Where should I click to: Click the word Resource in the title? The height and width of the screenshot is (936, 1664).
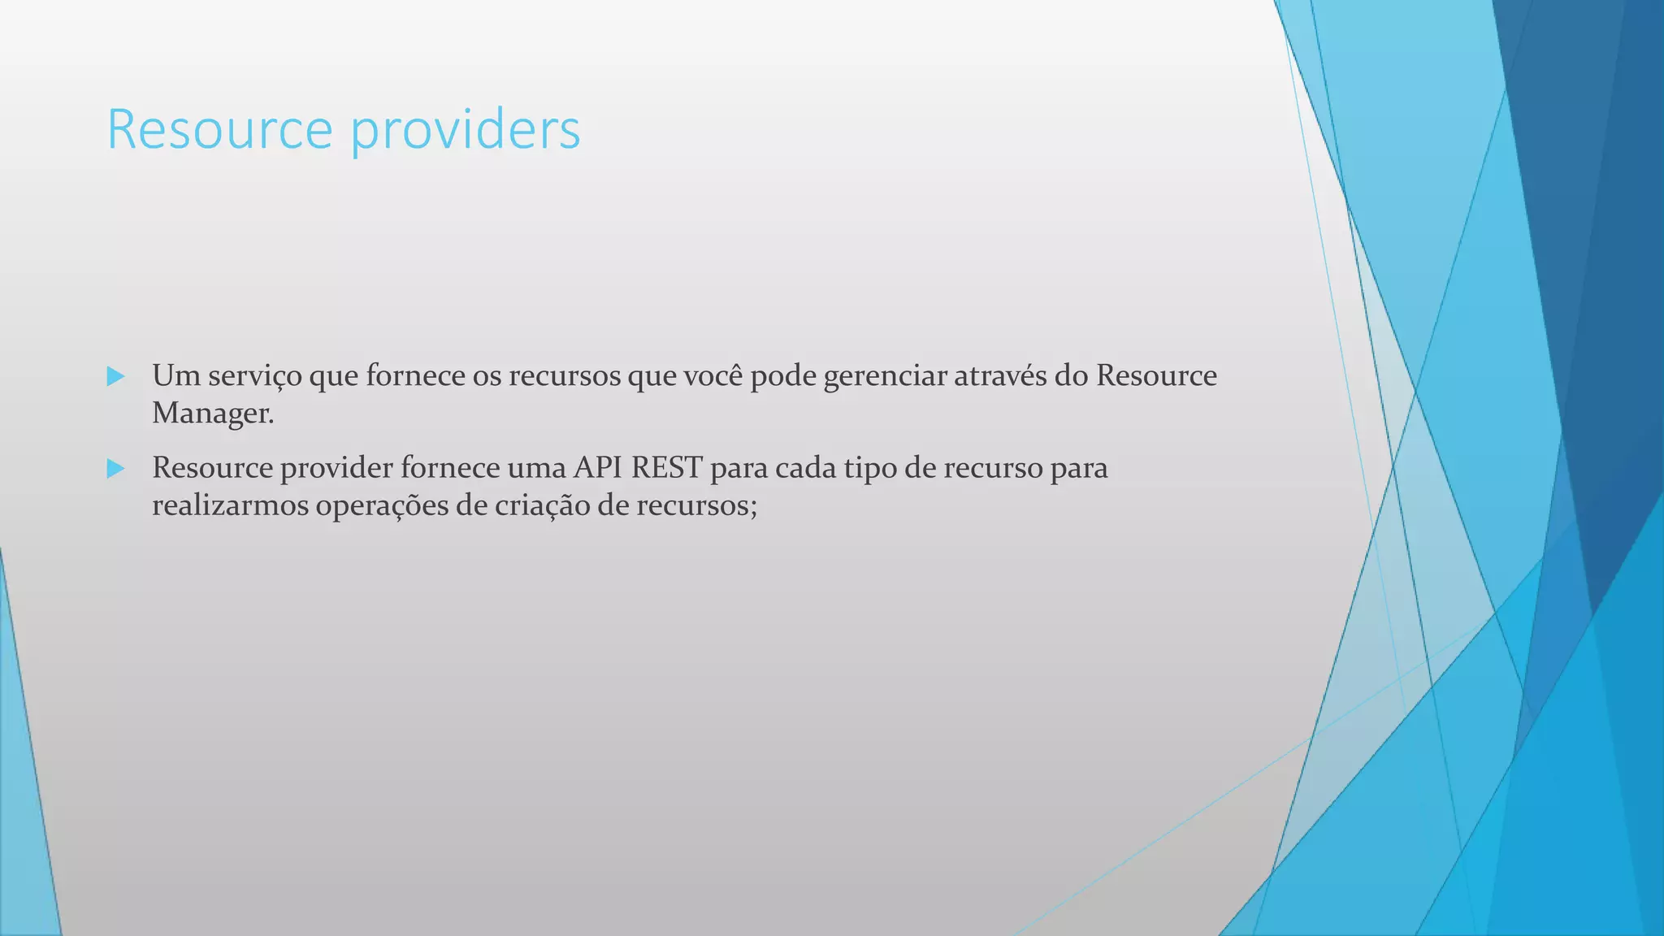(x=219, y=129)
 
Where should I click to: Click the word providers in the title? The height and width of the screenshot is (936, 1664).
(x=466, y=129)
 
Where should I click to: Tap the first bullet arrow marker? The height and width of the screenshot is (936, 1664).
(x=115, y=376)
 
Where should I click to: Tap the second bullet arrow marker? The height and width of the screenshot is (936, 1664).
(x=115, y=469)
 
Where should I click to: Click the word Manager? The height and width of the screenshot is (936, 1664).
(x=212, y=414)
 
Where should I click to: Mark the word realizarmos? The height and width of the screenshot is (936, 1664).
(x=230, y=506)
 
